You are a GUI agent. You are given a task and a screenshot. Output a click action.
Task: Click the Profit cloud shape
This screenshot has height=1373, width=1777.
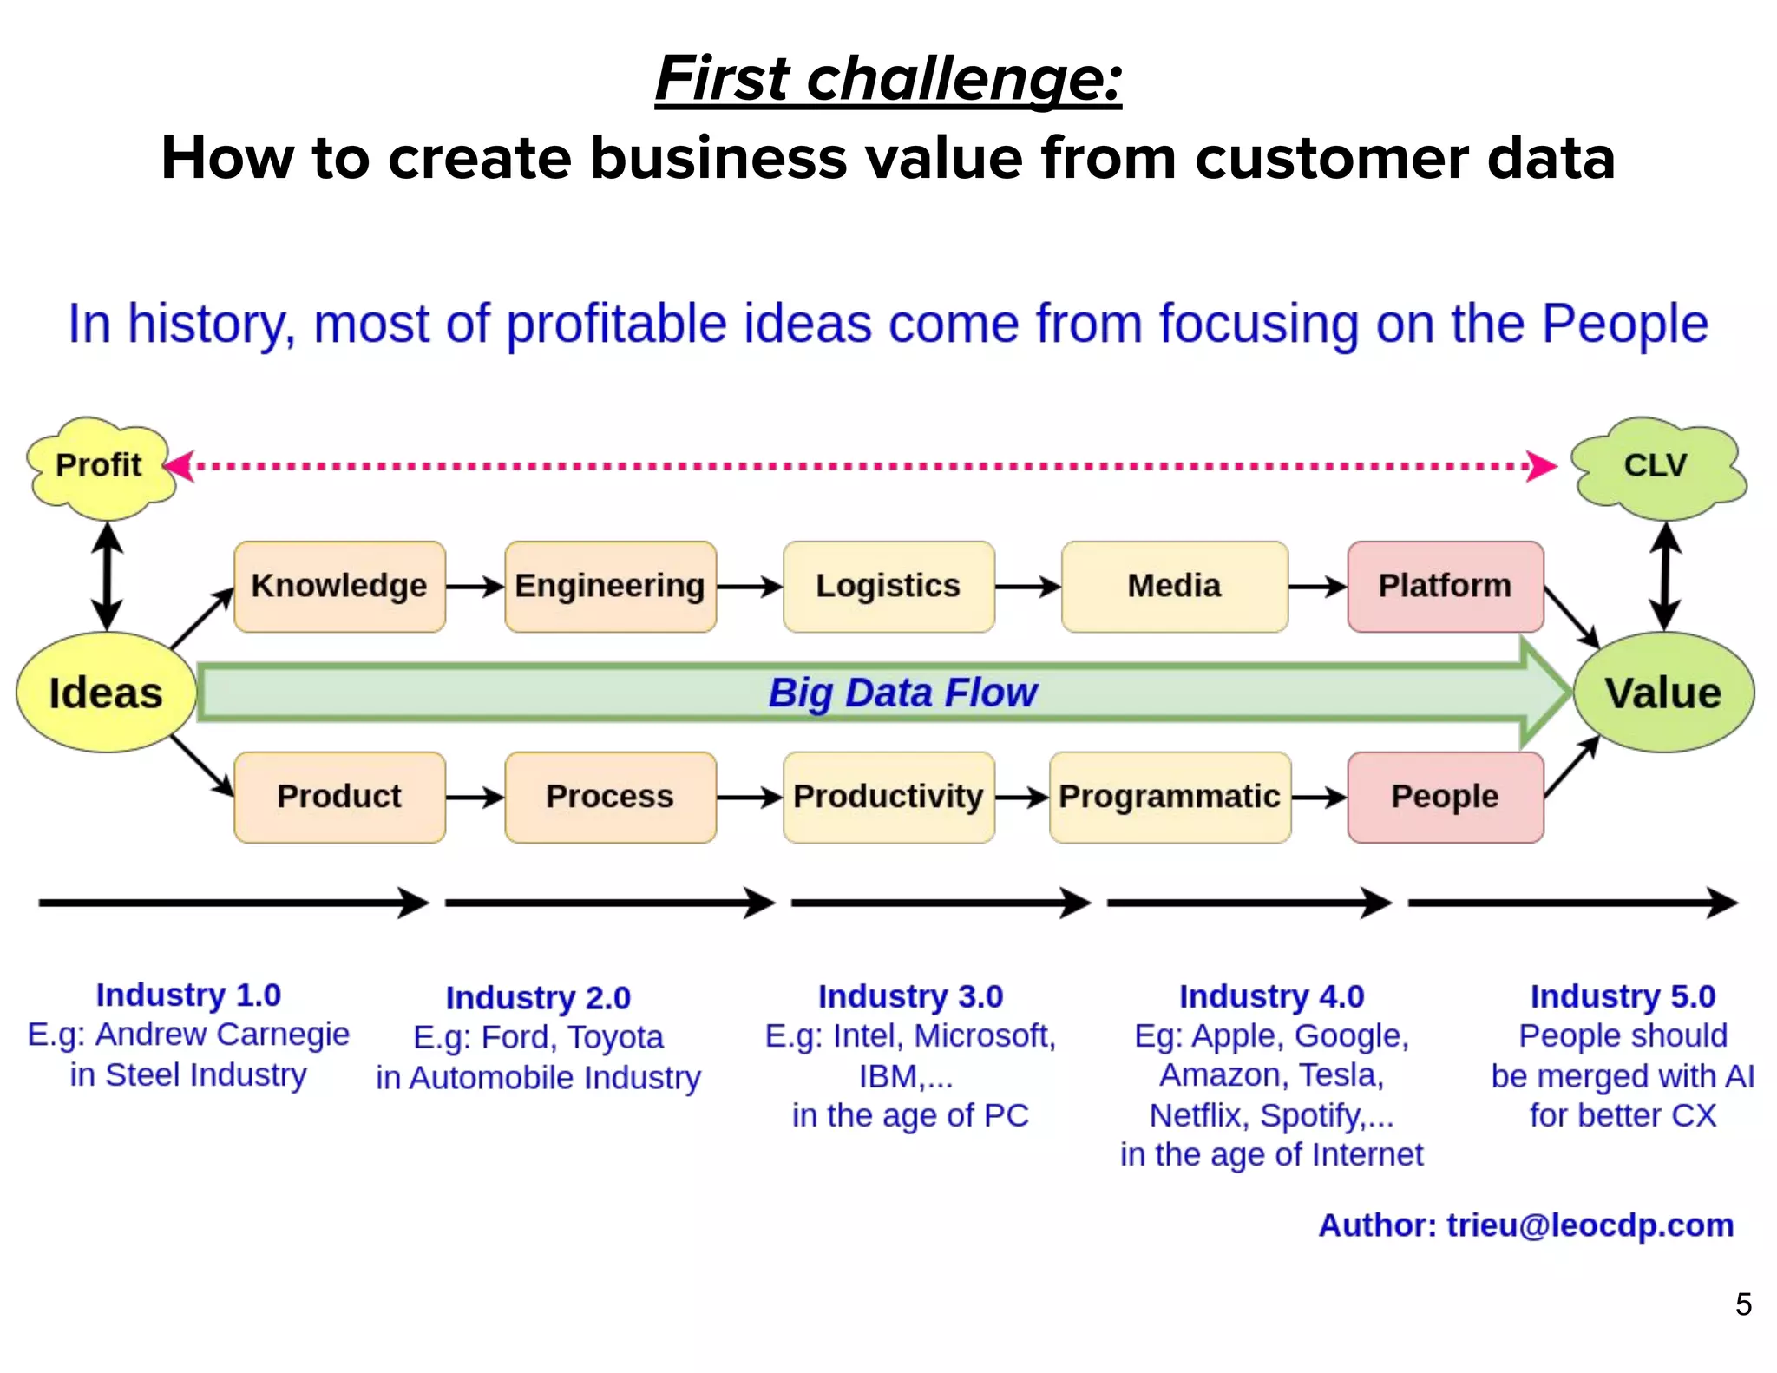pos(99,466)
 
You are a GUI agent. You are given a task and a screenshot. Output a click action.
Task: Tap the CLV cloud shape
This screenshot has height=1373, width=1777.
pos(1656,466)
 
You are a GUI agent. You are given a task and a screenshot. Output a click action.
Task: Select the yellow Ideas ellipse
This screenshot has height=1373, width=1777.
pos(106,693)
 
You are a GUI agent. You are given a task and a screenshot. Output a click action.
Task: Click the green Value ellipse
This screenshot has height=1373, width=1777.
pos(1662,693)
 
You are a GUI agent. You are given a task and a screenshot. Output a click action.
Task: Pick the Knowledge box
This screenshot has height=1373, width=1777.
pos(339,586)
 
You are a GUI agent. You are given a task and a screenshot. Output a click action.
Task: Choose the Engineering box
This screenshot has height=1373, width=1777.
pos(610,586)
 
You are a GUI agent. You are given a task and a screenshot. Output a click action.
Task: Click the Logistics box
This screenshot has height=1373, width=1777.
pos(888,586)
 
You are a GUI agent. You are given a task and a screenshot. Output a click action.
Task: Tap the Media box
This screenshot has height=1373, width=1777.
pos(1174,586)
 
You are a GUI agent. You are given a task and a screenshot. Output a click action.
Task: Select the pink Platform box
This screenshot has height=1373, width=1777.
pos(1445,586)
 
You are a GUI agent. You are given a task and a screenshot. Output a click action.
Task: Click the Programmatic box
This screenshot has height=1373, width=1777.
pos(1169,797)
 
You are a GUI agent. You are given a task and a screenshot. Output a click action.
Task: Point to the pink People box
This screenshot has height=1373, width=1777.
pos(1445,797)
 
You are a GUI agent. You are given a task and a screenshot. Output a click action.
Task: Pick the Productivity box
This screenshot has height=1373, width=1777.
pos(888,797)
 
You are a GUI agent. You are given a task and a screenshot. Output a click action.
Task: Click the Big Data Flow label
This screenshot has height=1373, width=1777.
pos(902,693)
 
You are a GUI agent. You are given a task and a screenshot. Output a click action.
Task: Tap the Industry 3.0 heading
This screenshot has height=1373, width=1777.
pos(910,996)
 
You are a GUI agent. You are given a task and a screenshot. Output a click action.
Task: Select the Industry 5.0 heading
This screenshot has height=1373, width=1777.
pos(1623,996)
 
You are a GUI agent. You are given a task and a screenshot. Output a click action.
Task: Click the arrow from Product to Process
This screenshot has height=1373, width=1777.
pos(475,797)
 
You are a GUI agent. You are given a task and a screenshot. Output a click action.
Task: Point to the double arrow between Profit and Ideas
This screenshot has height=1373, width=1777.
pos(107,576)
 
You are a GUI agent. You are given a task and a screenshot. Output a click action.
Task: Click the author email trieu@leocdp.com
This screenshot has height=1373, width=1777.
pos(1590,1225)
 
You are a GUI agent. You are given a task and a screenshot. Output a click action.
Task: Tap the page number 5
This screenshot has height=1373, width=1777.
pos(1743,1304)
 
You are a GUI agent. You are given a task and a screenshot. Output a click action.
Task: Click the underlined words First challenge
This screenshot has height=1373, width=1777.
pos(888,78)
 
